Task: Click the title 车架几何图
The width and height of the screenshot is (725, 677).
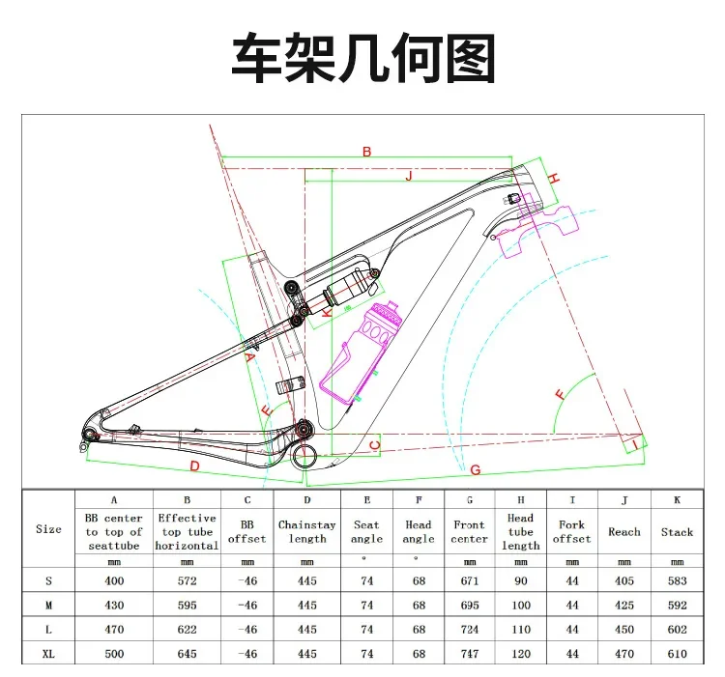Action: [362, 59]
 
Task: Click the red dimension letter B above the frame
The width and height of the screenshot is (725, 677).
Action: [366, 152]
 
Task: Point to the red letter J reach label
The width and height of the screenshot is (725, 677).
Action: [409, 176]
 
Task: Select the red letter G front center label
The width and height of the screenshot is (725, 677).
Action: [475, 469]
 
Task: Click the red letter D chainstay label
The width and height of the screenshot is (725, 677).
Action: [193, 466]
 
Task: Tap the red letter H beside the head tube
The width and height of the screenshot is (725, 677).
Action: [554, 180]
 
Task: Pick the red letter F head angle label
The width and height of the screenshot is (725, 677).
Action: [559, 394]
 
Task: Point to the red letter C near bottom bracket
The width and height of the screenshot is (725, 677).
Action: [375, 445]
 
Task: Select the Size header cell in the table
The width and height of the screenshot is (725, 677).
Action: [48, 529]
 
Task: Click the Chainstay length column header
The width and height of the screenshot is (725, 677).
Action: [307, 531]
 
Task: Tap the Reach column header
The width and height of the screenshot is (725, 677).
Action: [624, 531]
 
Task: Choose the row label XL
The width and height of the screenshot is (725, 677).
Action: [48, 654]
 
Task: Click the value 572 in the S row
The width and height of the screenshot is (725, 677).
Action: [187, 580]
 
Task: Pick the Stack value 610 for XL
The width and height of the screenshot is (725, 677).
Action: [677, 654]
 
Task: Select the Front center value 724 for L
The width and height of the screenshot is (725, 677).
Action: [469, 630]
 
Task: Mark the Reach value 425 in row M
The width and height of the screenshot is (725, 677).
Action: [624, 605]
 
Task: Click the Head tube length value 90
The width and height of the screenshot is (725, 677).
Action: [520, 580]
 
